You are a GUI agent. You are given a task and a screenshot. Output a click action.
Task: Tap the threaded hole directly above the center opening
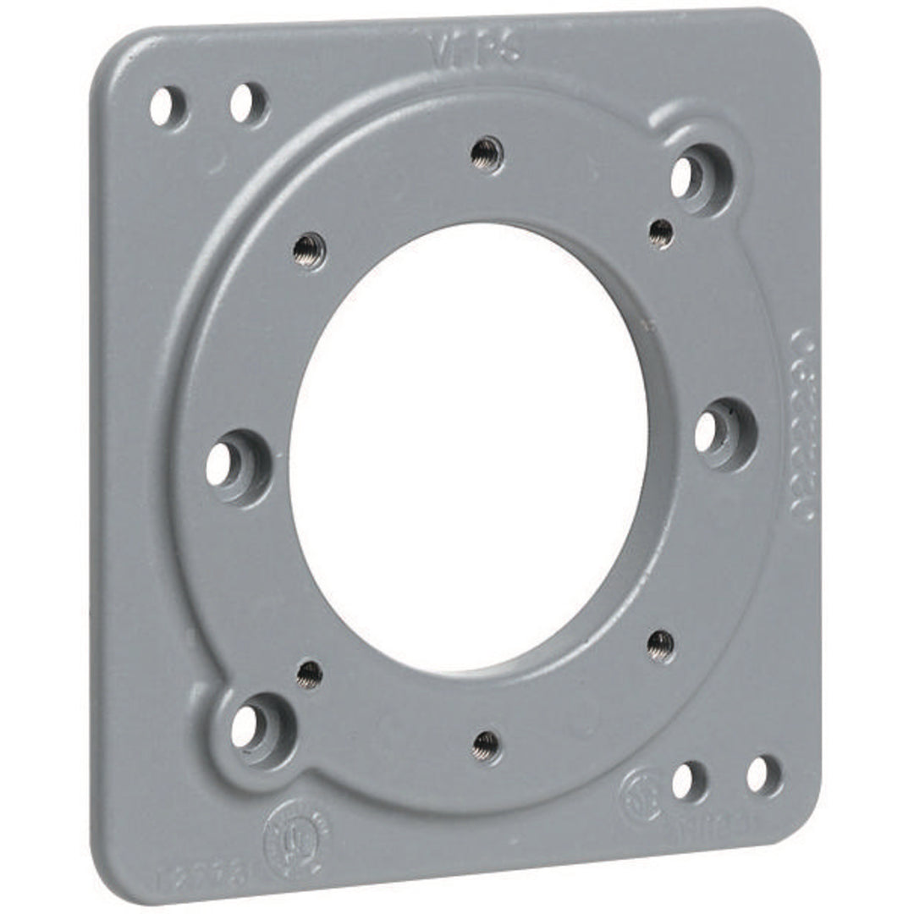click(x=487, y=155)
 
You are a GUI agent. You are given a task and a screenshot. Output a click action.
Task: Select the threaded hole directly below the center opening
click(x=486, y=745)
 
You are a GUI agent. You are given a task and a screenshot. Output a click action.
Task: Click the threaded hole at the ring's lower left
click(x=310, y=674)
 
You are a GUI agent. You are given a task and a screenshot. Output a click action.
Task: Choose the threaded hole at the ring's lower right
click(x=661, y=646)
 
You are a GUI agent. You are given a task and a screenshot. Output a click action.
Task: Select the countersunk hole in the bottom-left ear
click(x=248, y=726)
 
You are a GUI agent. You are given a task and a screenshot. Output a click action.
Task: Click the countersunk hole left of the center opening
click(x=223, y=464)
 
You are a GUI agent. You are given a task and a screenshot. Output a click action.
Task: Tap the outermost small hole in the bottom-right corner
click(x=761, y=774)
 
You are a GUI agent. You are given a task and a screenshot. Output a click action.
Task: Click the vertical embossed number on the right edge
click(x=804, y=423)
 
